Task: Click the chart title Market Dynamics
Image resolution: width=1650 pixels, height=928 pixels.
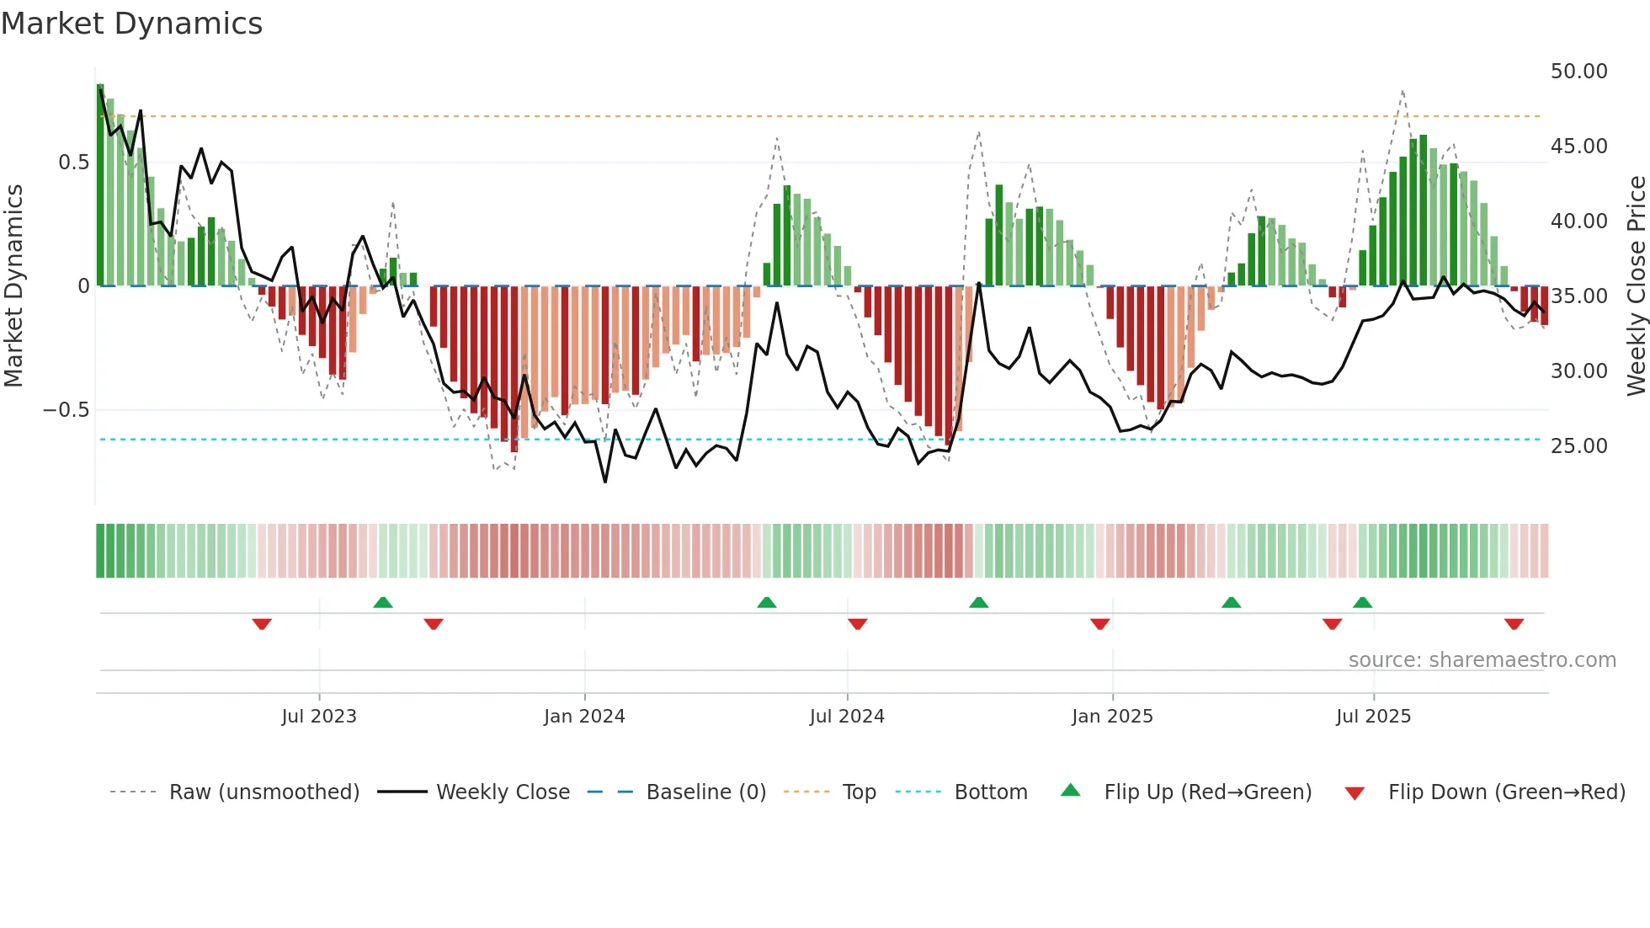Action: coord(131,24)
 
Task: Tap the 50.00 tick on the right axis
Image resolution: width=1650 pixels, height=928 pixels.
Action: coord(1578,72)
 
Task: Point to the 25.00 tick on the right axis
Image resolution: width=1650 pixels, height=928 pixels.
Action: coord(1578,446)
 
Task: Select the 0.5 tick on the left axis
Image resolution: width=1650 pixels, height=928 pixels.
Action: coord(74,163)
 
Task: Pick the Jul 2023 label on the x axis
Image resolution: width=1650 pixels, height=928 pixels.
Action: coord(319,717)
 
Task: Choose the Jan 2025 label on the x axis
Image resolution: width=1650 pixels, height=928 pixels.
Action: coord(1112,717)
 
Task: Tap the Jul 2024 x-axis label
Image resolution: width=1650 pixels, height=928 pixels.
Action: coord(847,717)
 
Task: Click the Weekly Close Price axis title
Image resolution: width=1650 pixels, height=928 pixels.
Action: coord(1636,286)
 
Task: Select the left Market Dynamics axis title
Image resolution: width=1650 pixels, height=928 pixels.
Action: coord(13,286)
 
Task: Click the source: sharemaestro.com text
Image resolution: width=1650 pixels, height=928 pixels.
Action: coord(1482,660)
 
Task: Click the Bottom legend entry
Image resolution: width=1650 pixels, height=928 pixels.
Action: coord(990,792)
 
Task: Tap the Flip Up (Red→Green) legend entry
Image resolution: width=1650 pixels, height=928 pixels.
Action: coord(1207,792)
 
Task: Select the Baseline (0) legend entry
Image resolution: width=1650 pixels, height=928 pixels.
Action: coord(705,792)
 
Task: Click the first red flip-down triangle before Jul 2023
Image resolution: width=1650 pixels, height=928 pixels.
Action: coord(262,624)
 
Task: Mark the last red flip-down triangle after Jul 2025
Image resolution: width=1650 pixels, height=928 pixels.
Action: coord(1514,624)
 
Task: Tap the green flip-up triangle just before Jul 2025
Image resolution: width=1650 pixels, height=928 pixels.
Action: coord(1362,602)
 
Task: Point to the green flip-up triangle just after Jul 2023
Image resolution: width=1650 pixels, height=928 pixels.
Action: coord(383,602)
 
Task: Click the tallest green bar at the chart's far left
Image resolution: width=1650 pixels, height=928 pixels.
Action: coord(100,185)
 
